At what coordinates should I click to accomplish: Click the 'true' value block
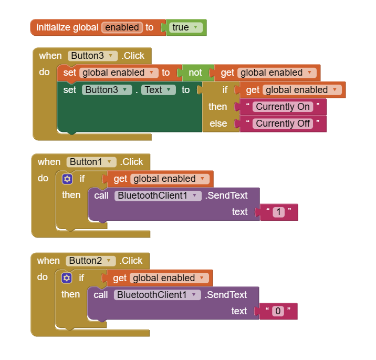(186, 27)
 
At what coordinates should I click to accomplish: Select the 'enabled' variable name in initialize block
(122, 27)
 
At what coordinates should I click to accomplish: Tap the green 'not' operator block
(195, 73)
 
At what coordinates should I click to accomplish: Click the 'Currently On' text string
(283, 107)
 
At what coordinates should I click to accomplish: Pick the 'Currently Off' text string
(283, 124)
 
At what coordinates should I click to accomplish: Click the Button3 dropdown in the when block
(92, 56)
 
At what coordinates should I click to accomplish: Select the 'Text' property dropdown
(158, 90)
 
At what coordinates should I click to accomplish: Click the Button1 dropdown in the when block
(91, 162)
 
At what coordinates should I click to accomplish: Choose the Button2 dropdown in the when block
(91, 261)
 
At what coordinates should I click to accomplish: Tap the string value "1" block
(279, 212)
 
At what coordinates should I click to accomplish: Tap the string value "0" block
(278, 311)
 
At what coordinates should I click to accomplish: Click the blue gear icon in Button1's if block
(67, 179)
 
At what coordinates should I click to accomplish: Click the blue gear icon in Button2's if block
(66, 278)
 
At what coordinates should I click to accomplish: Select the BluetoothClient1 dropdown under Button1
(158, 196)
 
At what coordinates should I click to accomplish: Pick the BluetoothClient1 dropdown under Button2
(158, 295)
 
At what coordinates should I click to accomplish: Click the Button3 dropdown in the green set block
(107, 90)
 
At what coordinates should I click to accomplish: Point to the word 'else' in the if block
(218, 124)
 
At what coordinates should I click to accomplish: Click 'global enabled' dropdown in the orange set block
(119, 73)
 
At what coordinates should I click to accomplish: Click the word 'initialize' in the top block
(54, 27)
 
